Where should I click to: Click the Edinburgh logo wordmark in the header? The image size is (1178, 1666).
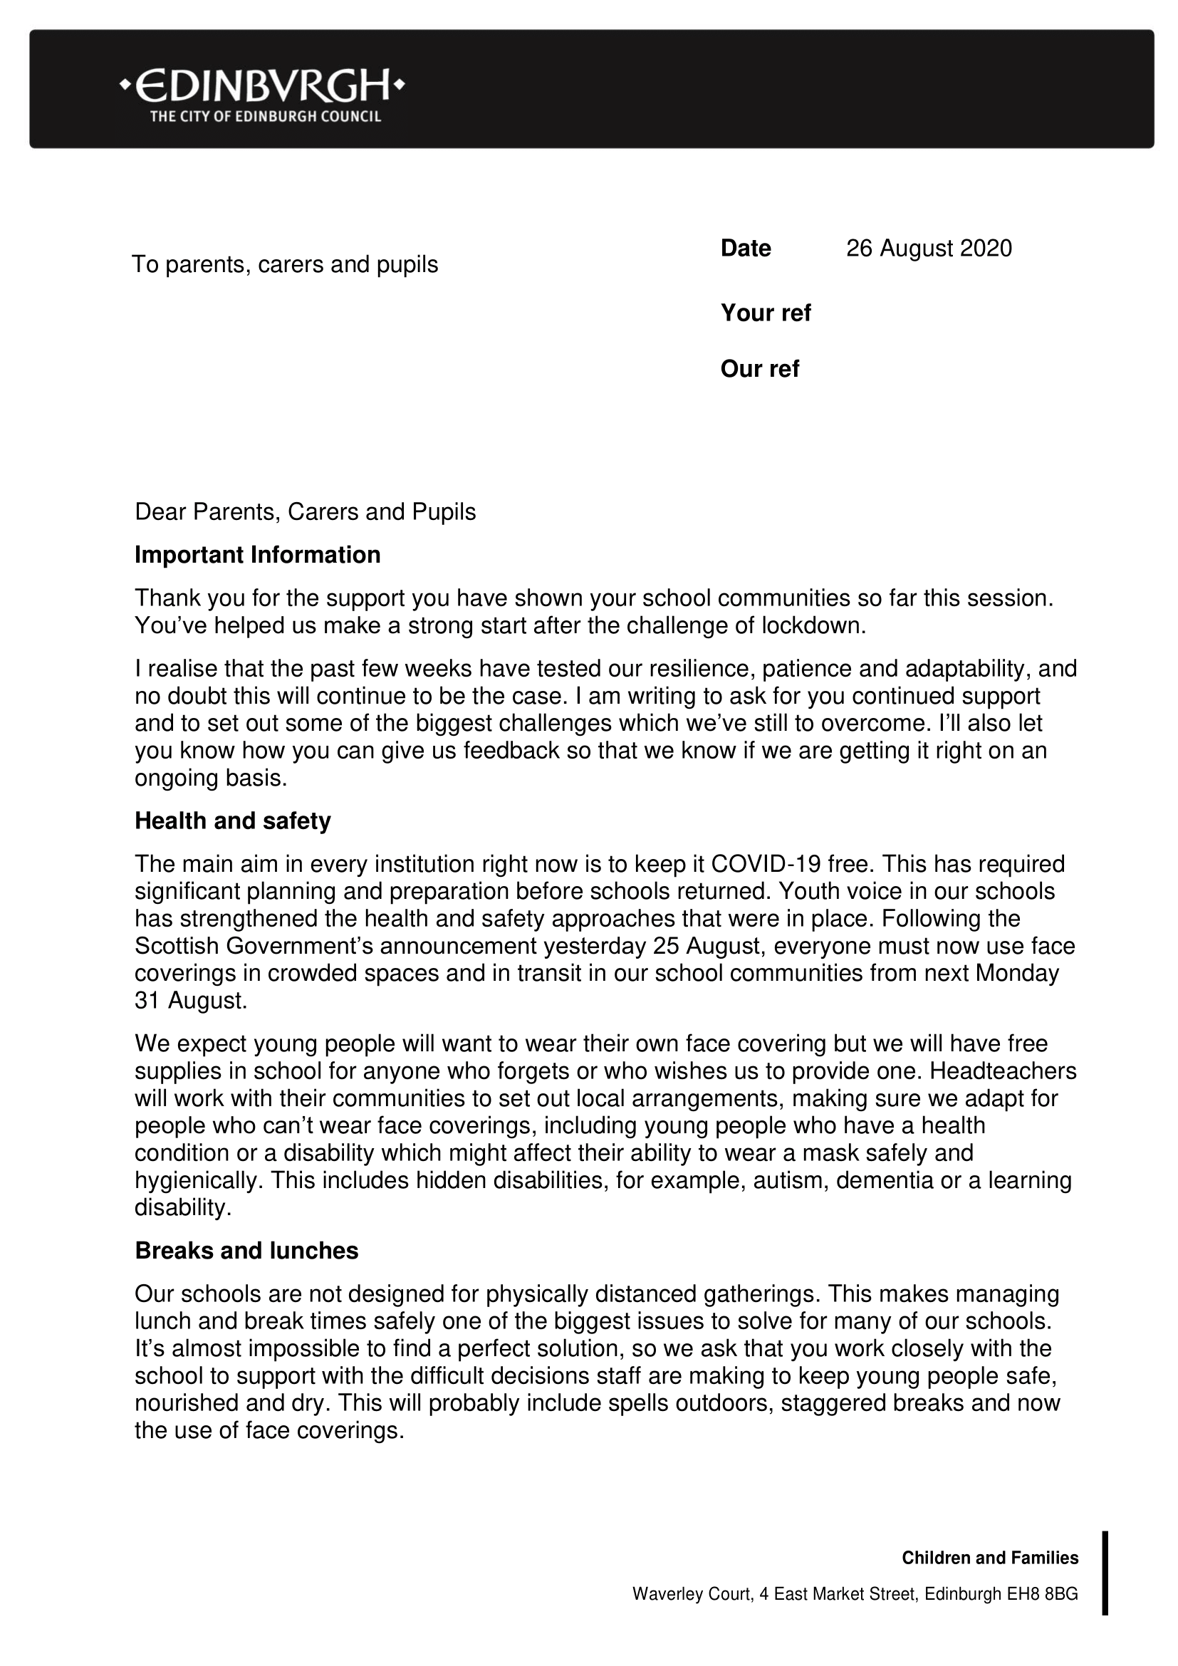tap(262, 86)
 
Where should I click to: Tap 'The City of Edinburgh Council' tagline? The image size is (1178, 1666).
tap(266, 117)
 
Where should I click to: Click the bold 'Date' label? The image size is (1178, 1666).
tap(745, 249)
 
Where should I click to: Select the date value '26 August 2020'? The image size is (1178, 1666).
tap(929, 249)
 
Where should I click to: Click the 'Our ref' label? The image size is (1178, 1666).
tap(759, 369)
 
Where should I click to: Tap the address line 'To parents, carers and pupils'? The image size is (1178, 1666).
tap(285, 264)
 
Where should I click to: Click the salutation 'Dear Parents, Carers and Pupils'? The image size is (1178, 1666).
tap(306, 511)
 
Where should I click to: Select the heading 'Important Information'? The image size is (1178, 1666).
tap(258, 555)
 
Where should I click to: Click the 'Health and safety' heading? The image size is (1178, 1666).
tap(233, 821)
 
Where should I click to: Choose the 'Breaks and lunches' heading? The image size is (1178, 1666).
tap(246, 1251)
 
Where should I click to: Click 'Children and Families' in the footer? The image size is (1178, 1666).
tap(989, 1558)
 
